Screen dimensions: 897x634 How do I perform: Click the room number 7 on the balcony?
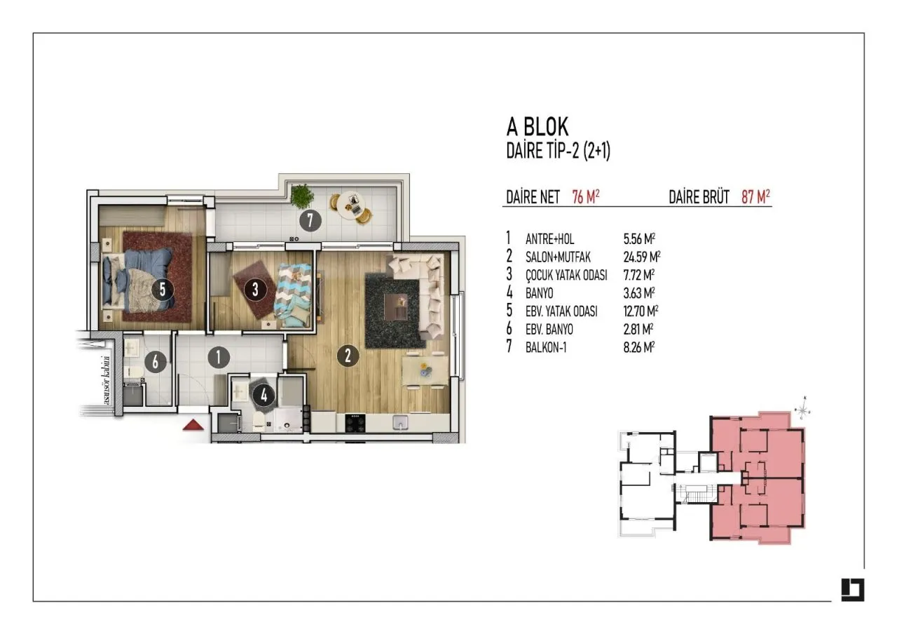[310, 220]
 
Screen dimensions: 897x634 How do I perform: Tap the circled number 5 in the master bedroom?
[163, 290]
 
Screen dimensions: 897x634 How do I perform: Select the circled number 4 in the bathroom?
[263, 396]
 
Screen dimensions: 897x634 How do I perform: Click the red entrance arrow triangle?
[193, 425]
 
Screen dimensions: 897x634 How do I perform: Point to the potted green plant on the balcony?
[302, 196]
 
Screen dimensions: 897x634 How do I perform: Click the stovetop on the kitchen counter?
[355, 423]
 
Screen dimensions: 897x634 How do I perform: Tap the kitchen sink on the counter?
[400, 423]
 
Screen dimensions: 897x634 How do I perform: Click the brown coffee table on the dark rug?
[396, 306]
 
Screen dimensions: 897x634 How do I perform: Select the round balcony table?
[351, 206]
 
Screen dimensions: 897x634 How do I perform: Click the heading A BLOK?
[537, 127]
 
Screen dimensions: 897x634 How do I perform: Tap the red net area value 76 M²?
[585, 197]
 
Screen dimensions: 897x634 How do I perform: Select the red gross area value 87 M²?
[755, 197]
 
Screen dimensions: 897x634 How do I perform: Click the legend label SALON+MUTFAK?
[558, 257]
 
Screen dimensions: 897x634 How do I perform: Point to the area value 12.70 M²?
[641, 311]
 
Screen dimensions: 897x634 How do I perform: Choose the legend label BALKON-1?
[546, 347]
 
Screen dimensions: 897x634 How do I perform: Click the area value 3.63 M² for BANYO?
[638, 293]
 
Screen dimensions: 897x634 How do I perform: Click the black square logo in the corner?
[853, 590]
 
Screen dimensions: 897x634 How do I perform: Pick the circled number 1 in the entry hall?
[218, 357]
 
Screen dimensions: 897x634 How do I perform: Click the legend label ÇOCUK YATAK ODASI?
[566, 275]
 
